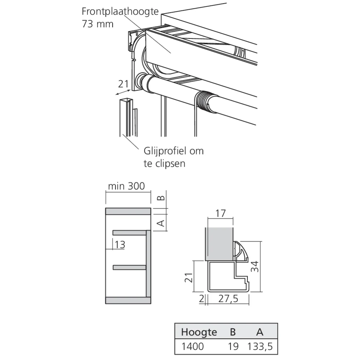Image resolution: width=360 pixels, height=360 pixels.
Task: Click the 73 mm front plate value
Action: coord(97,24)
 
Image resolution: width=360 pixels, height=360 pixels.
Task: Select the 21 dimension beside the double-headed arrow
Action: coord(123,84)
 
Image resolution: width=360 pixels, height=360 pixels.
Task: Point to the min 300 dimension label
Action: coord(126,186)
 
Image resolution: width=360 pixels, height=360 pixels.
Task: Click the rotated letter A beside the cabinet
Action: coord(162,223)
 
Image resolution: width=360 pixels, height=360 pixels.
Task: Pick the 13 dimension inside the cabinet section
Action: coord(120,245)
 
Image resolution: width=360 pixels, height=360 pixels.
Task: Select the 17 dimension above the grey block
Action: coord(221,213)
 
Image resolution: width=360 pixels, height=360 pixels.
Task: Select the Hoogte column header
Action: coord(199,332)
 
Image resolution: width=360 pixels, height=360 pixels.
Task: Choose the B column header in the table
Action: coord(233,332)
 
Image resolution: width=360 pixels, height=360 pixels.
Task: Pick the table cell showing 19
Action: coord(233,347)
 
